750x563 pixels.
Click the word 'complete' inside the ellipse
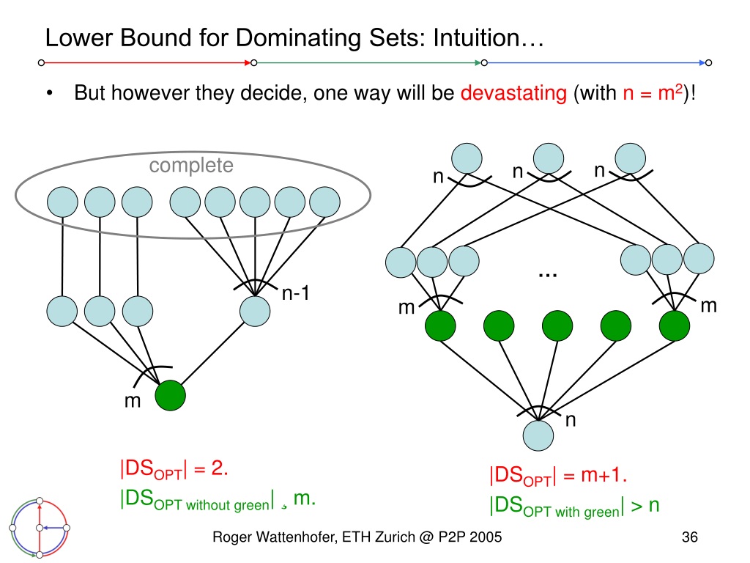(191, 166)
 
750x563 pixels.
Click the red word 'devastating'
(513, 93)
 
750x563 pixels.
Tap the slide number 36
(689, 537)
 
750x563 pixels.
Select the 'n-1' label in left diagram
(296, 293)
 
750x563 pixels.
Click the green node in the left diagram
(170, 395)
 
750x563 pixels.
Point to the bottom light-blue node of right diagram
(538, 435)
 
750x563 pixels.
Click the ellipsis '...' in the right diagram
(548, 275)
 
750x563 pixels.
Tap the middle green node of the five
(557, 325)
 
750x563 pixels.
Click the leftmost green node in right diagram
(440, 325)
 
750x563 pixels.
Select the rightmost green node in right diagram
(675, 325)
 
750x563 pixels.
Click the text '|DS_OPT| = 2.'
(174, 469)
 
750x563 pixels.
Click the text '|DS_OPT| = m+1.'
(557, 476)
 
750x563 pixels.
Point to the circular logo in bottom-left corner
(40, 528)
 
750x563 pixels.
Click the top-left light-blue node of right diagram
(467, 158)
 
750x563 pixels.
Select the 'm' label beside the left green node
(133, 401)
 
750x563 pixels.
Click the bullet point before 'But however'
(50, 93)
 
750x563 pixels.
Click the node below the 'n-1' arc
(255, 311)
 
